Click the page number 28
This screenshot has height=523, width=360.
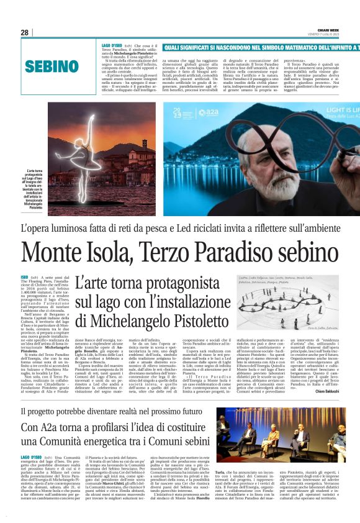24,32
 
